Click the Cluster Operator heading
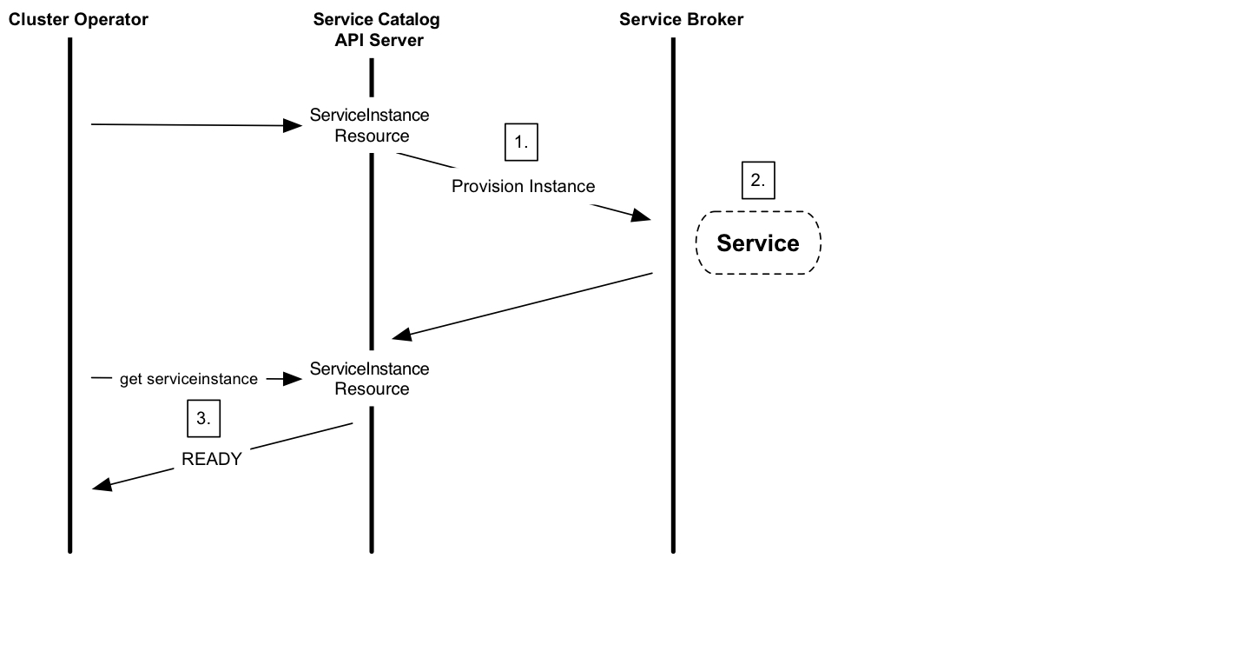point(78,19)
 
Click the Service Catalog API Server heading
point(377,30)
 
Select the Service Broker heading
point(681,19)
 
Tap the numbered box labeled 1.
point(521,143)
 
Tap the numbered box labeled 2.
point(758,181)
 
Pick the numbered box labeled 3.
point(204,418)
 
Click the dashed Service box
point(758,243)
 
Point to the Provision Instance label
point(524,186)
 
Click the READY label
point(212,459)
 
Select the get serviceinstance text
point(188,379)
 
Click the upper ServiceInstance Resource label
point(370,125)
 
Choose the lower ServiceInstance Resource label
point(370,379)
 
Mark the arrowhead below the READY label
point(102,485)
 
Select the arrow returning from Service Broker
point(521,305)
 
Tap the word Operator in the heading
point(113,19)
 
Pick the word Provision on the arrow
point(488,186)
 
